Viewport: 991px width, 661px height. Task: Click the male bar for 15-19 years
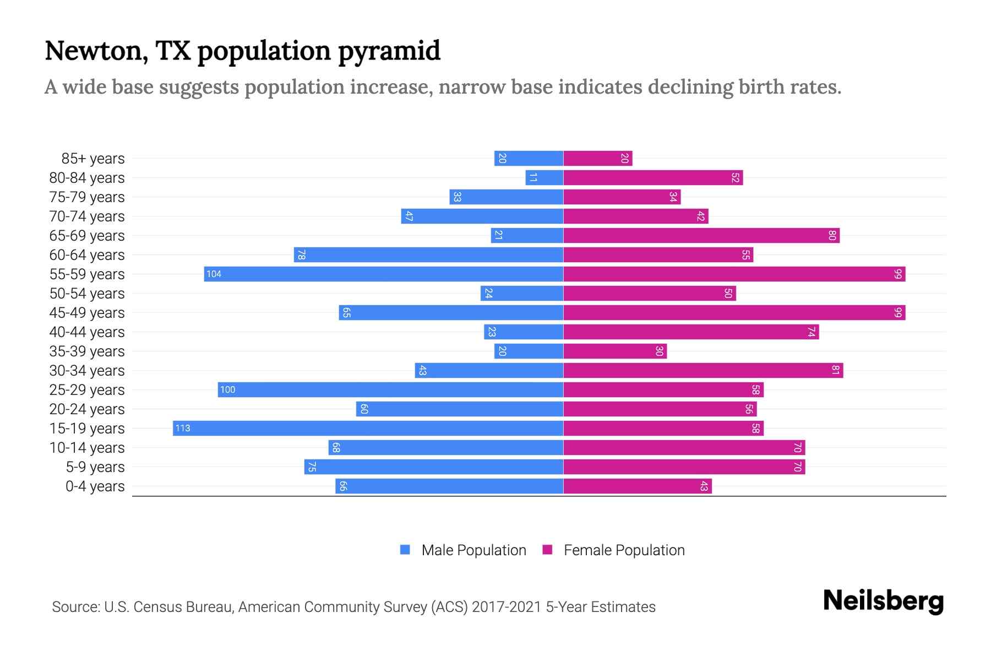[368, 428]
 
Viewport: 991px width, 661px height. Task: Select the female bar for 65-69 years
[701, 236]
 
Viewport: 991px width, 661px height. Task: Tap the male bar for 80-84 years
[544, 178]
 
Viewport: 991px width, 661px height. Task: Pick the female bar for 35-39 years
[614, 351]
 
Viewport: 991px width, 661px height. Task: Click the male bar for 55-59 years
[383, 274]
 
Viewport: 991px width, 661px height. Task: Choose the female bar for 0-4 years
[637, 486]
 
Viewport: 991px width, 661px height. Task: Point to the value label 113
[183, 428]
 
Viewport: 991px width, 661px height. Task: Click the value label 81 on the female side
[835, 370]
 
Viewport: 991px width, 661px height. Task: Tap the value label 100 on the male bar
[227, 389]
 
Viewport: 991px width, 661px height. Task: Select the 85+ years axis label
[93, 159]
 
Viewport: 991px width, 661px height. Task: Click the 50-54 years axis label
[87, 294]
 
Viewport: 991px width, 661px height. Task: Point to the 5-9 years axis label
[95, 467]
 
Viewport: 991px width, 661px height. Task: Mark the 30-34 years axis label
[87, 371]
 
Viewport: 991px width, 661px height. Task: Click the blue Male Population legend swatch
[405, 550]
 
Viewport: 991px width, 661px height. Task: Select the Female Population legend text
[624, 550]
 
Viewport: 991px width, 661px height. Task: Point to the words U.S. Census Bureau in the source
[168, 606]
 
